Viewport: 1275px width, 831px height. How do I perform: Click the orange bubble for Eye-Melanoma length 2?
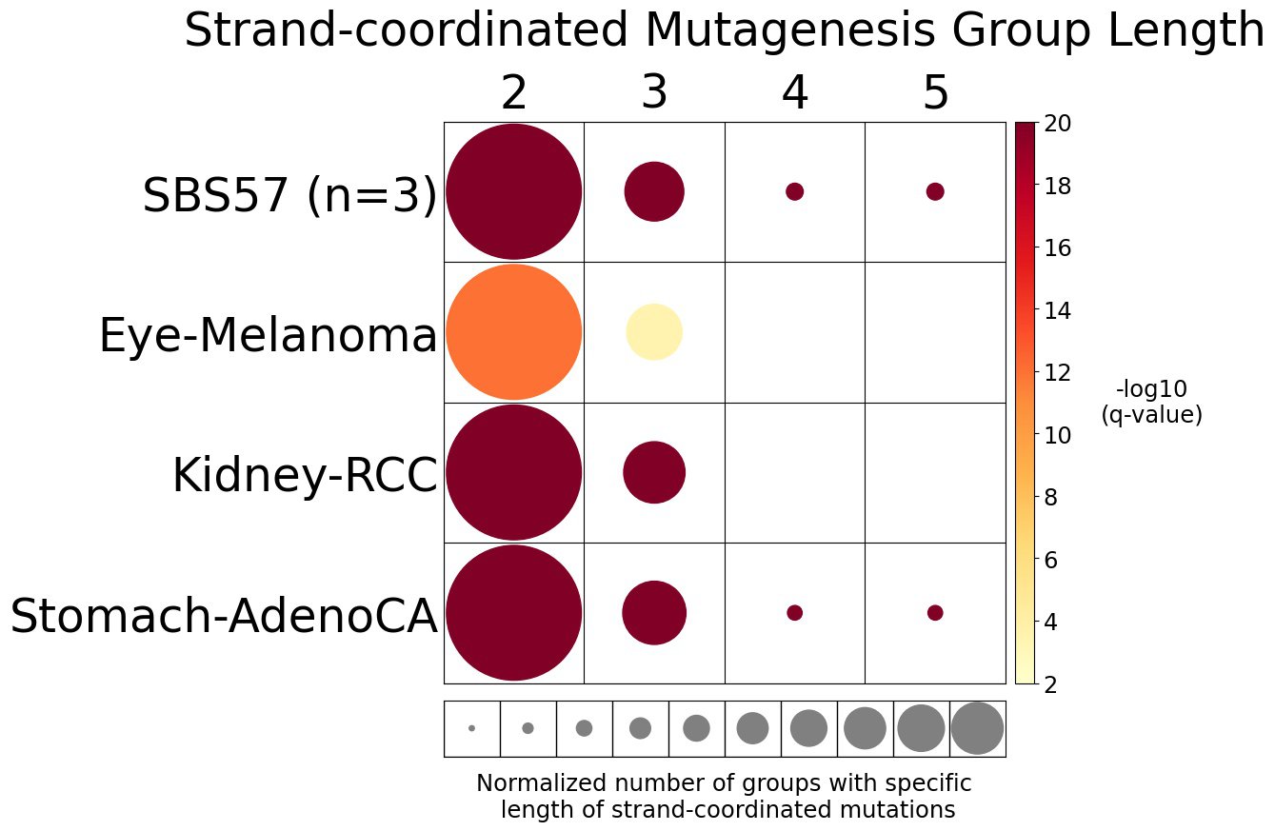(x=513, y=332)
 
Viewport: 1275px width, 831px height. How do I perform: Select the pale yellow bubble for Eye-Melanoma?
(x=653, y=332)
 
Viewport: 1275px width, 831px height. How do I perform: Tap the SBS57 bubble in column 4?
(x=794, y=191)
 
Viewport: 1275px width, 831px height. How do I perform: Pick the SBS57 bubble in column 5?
(x=935, y=191)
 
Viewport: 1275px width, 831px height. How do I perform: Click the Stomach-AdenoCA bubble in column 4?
(x=794, y=612)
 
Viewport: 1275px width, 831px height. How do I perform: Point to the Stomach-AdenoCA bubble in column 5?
(x=935, y=612)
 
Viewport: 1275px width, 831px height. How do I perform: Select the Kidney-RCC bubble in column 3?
(x=654, y=472)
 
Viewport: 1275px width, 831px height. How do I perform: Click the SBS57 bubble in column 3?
(x=654, y=191)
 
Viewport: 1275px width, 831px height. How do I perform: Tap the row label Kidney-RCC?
(x=304, y=475)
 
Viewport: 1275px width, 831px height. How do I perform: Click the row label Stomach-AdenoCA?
(x=224, y=616)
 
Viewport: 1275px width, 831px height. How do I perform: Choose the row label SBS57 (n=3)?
(x=289, y=197)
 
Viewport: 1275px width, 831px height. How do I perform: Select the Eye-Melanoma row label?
(x=268, y=336)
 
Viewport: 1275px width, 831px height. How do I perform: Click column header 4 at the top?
(x=794, y=93)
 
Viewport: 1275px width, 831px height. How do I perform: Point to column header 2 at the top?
(x=513, y=93)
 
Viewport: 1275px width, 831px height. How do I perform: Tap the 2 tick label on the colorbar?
(x=1052, y=683)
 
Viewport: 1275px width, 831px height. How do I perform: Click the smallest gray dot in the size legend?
(x=471, y=728)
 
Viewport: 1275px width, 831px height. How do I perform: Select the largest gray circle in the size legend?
(x=977, y=728)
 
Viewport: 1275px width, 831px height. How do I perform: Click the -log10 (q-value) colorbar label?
(x=1151, y=402)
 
